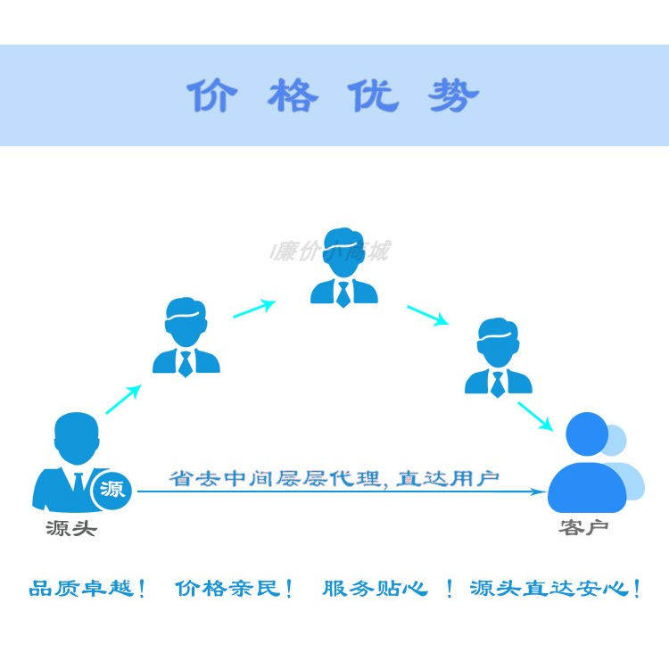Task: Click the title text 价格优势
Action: pos(333,95)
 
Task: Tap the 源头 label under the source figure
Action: pos(71,529)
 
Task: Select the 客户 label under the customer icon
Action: pos(584,528)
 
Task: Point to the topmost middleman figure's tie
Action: pos(343,293)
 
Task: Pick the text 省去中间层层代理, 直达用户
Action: pos(334,478)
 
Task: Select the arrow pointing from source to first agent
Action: pos(124,399)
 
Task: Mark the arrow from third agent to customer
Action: pos(537,416)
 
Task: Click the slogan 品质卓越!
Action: pos(87,589)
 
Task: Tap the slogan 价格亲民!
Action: pos(235,589)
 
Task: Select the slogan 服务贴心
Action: pos(375,589)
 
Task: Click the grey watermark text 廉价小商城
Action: pos(331,252)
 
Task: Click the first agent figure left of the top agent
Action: pos(186,336)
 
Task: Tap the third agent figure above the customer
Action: pos(498,357)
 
